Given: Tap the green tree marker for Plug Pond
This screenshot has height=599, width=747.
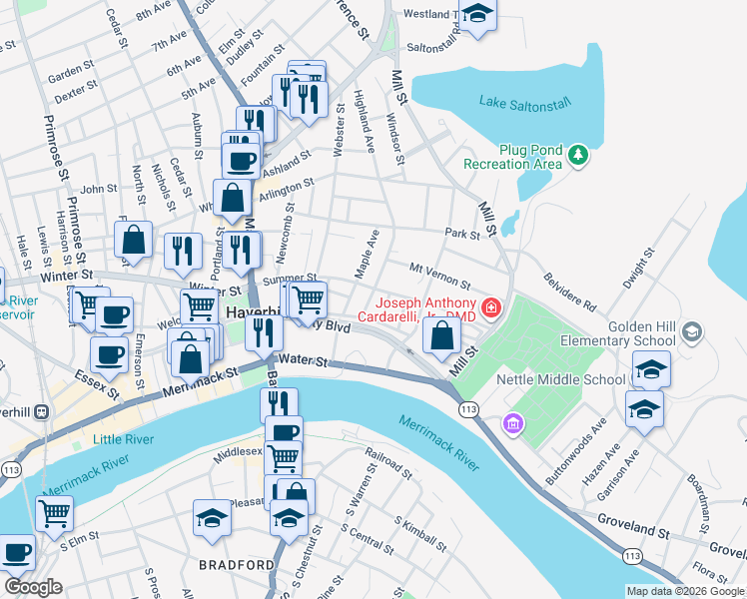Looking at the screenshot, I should click(x=577, y=156).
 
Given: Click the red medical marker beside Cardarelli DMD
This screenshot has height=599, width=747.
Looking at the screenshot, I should click(x=491, y=307).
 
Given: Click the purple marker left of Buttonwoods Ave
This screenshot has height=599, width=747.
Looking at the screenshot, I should click(x=513, y=424).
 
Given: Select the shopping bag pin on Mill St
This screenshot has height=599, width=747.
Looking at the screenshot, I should click(x=441, y=336).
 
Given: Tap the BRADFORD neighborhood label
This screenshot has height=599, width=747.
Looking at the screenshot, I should click(x=237, y=565).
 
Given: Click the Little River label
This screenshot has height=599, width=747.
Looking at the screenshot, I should click(x=125, y=439).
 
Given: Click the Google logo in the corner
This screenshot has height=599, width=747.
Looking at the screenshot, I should click(x=33, y=587).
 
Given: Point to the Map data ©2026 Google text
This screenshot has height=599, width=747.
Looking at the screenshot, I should click(x=684, y=591).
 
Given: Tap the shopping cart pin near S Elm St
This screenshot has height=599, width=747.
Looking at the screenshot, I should click(x=54, y=513).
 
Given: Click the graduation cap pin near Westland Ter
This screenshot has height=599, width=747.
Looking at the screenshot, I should click(x=479, y=14).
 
